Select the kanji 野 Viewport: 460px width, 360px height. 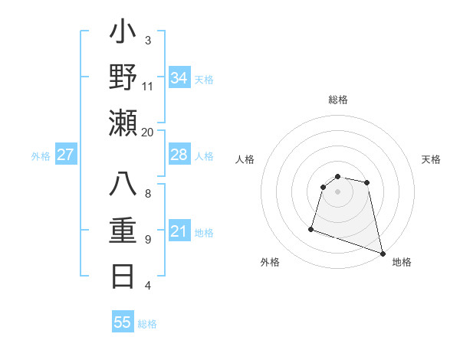[123, 77]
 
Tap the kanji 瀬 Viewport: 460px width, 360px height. [123, 123]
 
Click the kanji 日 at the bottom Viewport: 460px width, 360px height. [123, 275]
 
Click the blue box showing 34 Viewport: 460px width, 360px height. [179, 78]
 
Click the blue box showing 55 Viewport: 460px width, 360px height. [123, 322]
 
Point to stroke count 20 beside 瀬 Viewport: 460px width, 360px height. [148, 132]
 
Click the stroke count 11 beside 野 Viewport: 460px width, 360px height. [148, 87]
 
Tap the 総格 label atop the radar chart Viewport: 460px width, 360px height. [338, 100]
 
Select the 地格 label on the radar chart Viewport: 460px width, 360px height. [402, 262]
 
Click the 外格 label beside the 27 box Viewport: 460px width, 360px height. [41, 156]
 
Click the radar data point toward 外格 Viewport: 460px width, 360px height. [311, 228]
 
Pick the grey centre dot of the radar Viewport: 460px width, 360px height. [337, 191]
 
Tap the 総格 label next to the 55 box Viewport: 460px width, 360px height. [147, 324]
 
